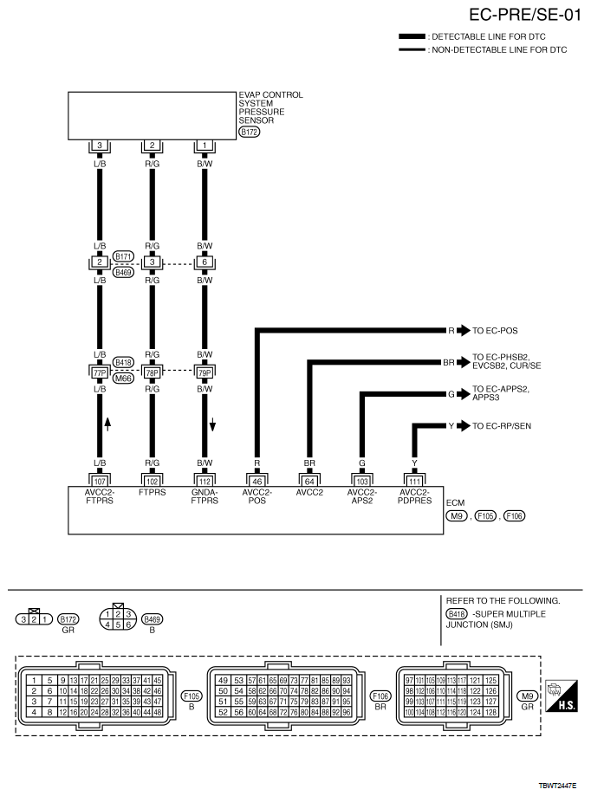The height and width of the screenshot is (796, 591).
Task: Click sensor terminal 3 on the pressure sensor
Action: click(101, 146)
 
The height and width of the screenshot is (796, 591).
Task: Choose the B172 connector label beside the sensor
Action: click(248, 132)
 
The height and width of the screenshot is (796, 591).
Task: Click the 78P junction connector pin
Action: click(153, 372)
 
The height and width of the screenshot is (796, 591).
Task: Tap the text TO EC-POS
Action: click(497, 331)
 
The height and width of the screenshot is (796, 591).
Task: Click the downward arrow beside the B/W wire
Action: click(212, 424)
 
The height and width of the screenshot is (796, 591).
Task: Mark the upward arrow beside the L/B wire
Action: click(108, 424)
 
